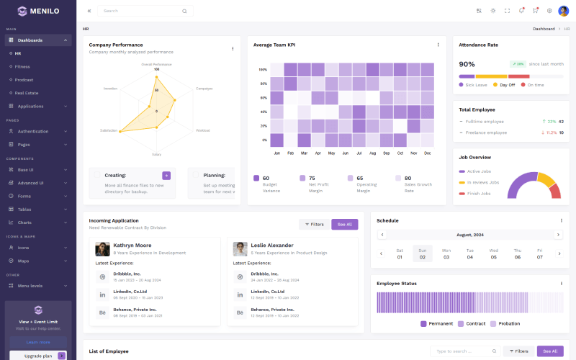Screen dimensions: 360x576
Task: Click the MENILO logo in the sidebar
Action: (38, 11)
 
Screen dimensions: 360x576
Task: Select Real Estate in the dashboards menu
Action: (27, 93)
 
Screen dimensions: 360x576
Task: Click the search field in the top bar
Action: (140, 11)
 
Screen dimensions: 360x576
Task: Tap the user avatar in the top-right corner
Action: (563, 11)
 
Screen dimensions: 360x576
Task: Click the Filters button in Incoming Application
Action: (314, 224)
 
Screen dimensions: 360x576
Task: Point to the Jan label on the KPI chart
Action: (277, 153)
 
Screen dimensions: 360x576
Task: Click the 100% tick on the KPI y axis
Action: (263, 70)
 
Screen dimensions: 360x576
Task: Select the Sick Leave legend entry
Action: (476, 85)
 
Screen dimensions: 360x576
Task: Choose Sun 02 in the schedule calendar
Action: (423, 253)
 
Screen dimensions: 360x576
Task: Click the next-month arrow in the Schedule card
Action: (558, 235)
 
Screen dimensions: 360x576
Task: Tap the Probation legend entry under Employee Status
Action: (509, 323)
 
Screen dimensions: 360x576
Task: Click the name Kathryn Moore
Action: (132, 245)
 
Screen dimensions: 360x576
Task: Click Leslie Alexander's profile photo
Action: (240, 248)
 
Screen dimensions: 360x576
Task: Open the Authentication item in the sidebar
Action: (32, 131)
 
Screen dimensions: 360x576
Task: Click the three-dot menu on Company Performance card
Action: (233, 48)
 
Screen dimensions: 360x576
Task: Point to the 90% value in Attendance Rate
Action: (467, 64)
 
